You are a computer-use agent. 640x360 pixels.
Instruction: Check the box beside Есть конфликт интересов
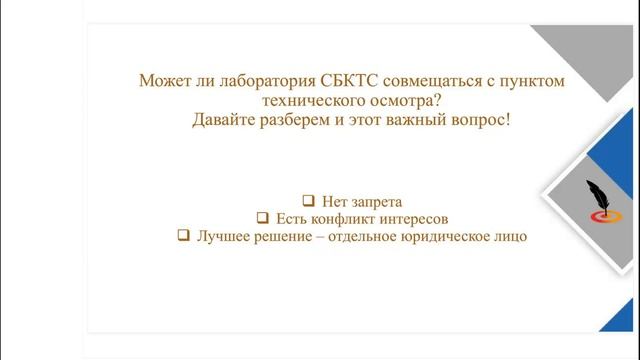(262, 218)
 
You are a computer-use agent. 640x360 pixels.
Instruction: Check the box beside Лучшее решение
(183, 236)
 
